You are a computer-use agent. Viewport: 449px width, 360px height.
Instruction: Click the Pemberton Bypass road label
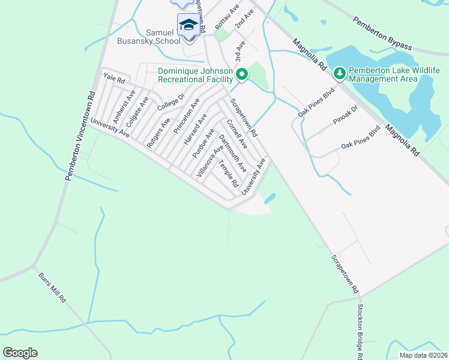pyautogui.click(x=383, y=34)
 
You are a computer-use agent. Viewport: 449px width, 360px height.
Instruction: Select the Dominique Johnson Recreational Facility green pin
pyautogui.click(x=242, y=74)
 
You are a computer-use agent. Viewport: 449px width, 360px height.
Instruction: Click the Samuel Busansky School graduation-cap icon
pyautogui.click(x=188, y=25)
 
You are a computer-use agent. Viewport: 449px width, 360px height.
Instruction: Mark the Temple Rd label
pyautogui.click(x=229, y=173)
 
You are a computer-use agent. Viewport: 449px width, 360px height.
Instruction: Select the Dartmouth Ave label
pyautogui.click(x=232, y=153)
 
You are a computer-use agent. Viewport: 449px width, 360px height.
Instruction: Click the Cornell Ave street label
pyautogui.click(x=237, y=134)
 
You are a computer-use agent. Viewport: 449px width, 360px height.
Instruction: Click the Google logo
pyautogui.click(x=20, y=353)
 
